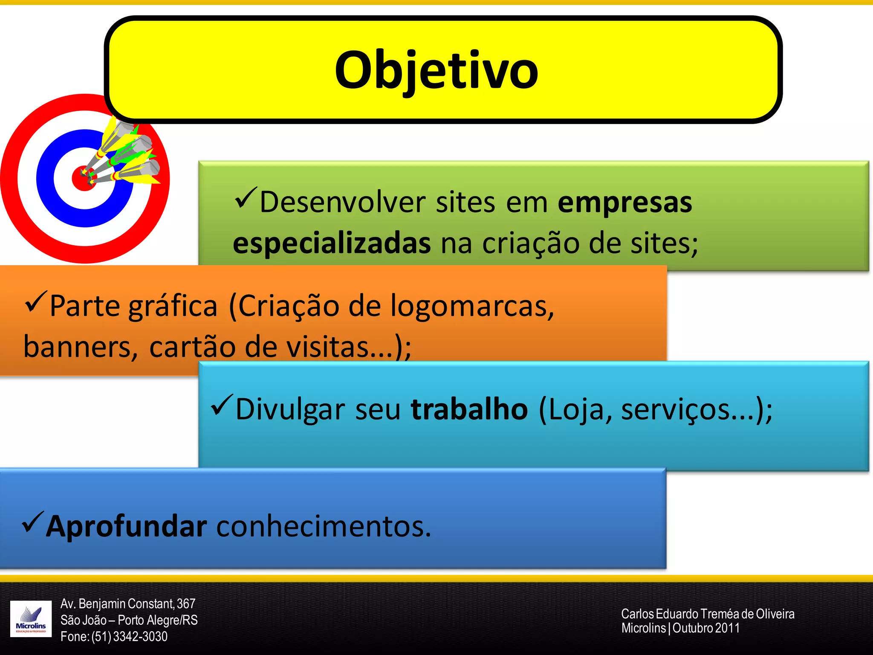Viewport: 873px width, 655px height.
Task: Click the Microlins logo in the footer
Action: click(31, 618)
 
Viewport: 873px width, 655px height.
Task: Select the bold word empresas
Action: click(624, 203)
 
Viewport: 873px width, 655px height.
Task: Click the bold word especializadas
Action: click(332, 244)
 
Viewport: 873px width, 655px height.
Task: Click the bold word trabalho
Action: click(469, 409)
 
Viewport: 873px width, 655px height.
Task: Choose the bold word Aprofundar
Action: click(127, 527)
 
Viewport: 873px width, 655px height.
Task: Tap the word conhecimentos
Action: click(324, 527)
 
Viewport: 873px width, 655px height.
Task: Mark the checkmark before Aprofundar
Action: click(32, 522)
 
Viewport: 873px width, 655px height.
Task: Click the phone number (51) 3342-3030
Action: click(130, 637)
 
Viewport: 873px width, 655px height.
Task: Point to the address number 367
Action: click(186, 604)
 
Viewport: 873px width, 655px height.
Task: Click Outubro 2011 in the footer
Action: click(706, 628)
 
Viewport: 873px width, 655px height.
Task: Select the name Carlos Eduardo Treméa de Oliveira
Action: click(708, 614)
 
